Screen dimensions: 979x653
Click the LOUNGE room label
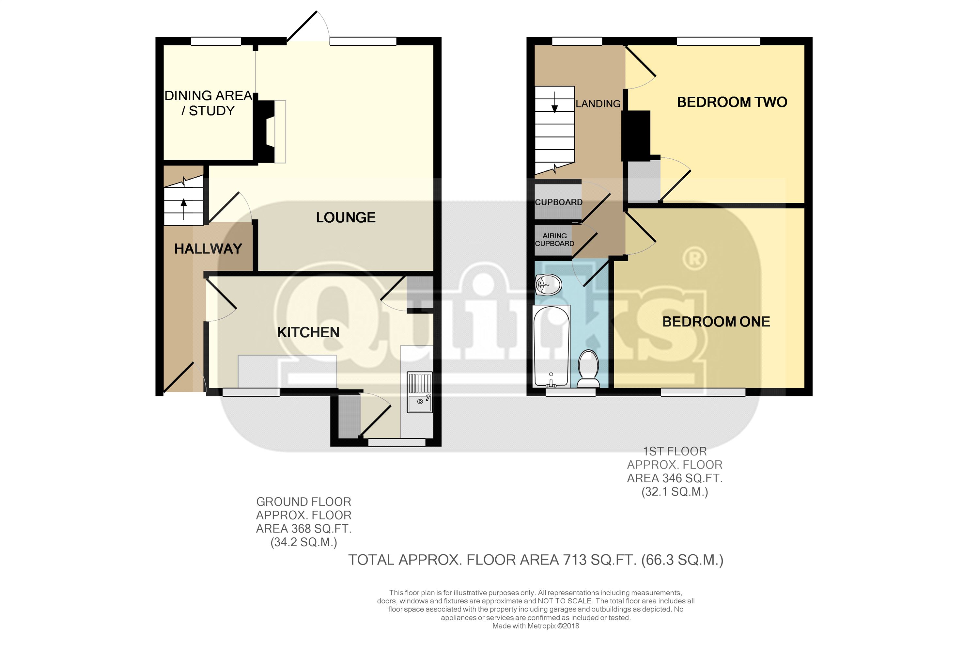346,217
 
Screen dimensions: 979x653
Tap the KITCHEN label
308,332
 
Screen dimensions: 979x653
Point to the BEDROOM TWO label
732,102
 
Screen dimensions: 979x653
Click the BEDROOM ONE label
716,322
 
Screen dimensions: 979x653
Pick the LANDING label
598,104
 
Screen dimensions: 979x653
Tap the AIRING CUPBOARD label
554,239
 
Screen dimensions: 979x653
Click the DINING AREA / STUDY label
208,103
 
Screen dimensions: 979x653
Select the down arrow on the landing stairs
554,102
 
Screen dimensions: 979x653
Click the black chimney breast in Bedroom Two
636,136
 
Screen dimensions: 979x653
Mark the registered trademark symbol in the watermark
695,259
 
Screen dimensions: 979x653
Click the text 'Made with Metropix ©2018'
536,626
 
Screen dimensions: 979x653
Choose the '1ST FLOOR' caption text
675,452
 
